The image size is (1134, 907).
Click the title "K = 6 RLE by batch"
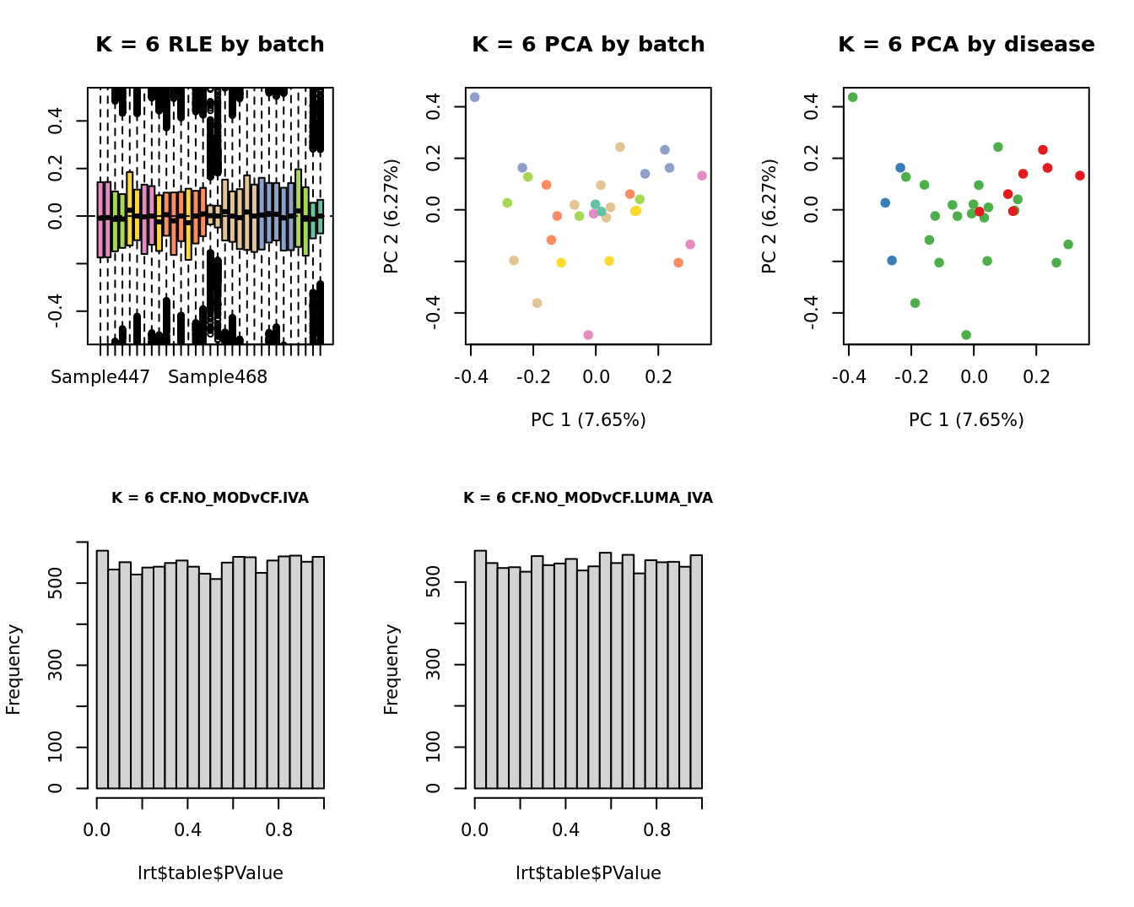209,45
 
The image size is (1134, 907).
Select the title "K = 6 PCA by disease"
966,45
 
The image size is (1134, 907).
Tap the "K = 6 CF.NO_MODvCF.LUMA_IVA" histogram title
587,498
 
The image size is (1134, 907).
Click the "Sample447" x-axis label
100,377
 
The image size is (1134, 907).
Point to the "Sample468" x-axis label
217,377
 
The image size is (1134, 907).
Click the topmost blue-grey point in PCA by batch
474,98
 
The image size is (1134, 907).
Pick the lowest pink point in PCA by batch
588,335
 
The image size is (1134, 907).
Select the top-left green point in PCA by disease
852,98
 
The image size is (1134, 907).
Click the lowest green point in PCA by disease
966,335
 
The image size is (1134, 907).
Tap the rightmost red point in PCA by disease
1080,175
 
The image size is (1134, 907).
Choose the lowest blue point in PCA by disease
892,261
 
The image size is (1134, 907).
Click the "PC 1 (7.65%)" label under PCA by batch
588,420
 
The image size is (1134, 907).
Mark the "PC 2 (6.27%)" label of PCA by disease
769,217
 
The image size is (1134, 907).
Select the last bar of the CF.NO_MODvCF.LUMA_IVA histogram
696,672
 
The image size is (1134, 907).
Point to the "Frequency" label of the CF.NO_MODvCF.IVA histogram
13,669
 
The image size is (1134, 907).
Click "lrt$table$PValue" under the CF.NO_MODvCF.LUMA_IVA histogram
588,873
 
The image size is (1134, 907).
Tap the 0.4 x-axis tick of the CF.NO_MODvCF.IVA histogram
187,830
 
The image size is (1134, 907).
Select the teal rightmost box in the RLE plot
320,217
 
